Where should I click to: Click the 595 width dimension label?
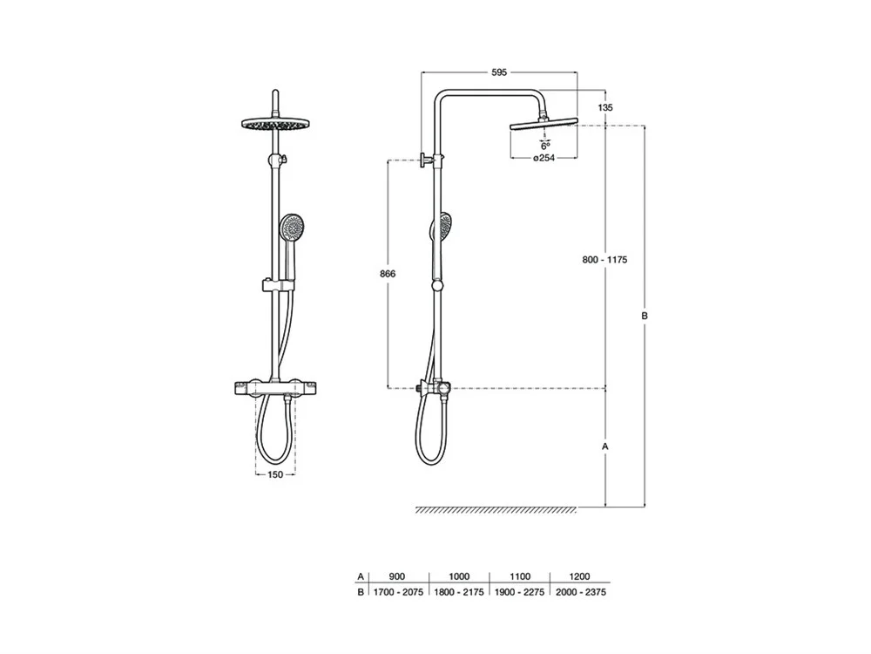[x=499, y=72]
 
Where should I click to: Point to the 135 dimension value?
[x=605, y=107]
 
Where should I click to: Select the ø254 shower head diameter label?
[x=544, y=158]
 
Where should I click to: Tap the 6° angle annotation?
[x=545, y=146]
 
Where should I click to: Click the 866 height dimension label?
[x=388, y=274]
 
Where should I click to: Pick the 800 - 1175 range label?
[x=605, y=260]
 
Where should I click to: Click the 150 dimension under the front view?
[x=275, y=474]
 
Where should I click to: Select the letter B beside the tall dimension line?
[x=645, y=316]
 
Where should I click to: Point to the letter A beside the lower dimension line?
[x=605, y=446]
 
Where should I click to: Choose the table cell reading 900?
[x=397, y=576]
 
